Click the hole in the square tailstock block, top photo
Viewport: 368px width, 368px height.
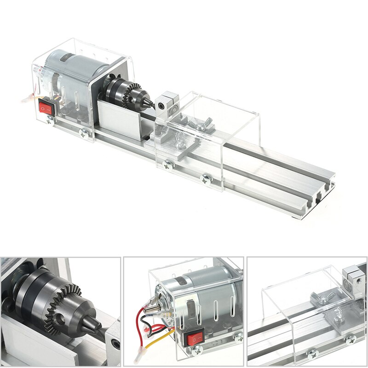(x=161, y=105)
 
